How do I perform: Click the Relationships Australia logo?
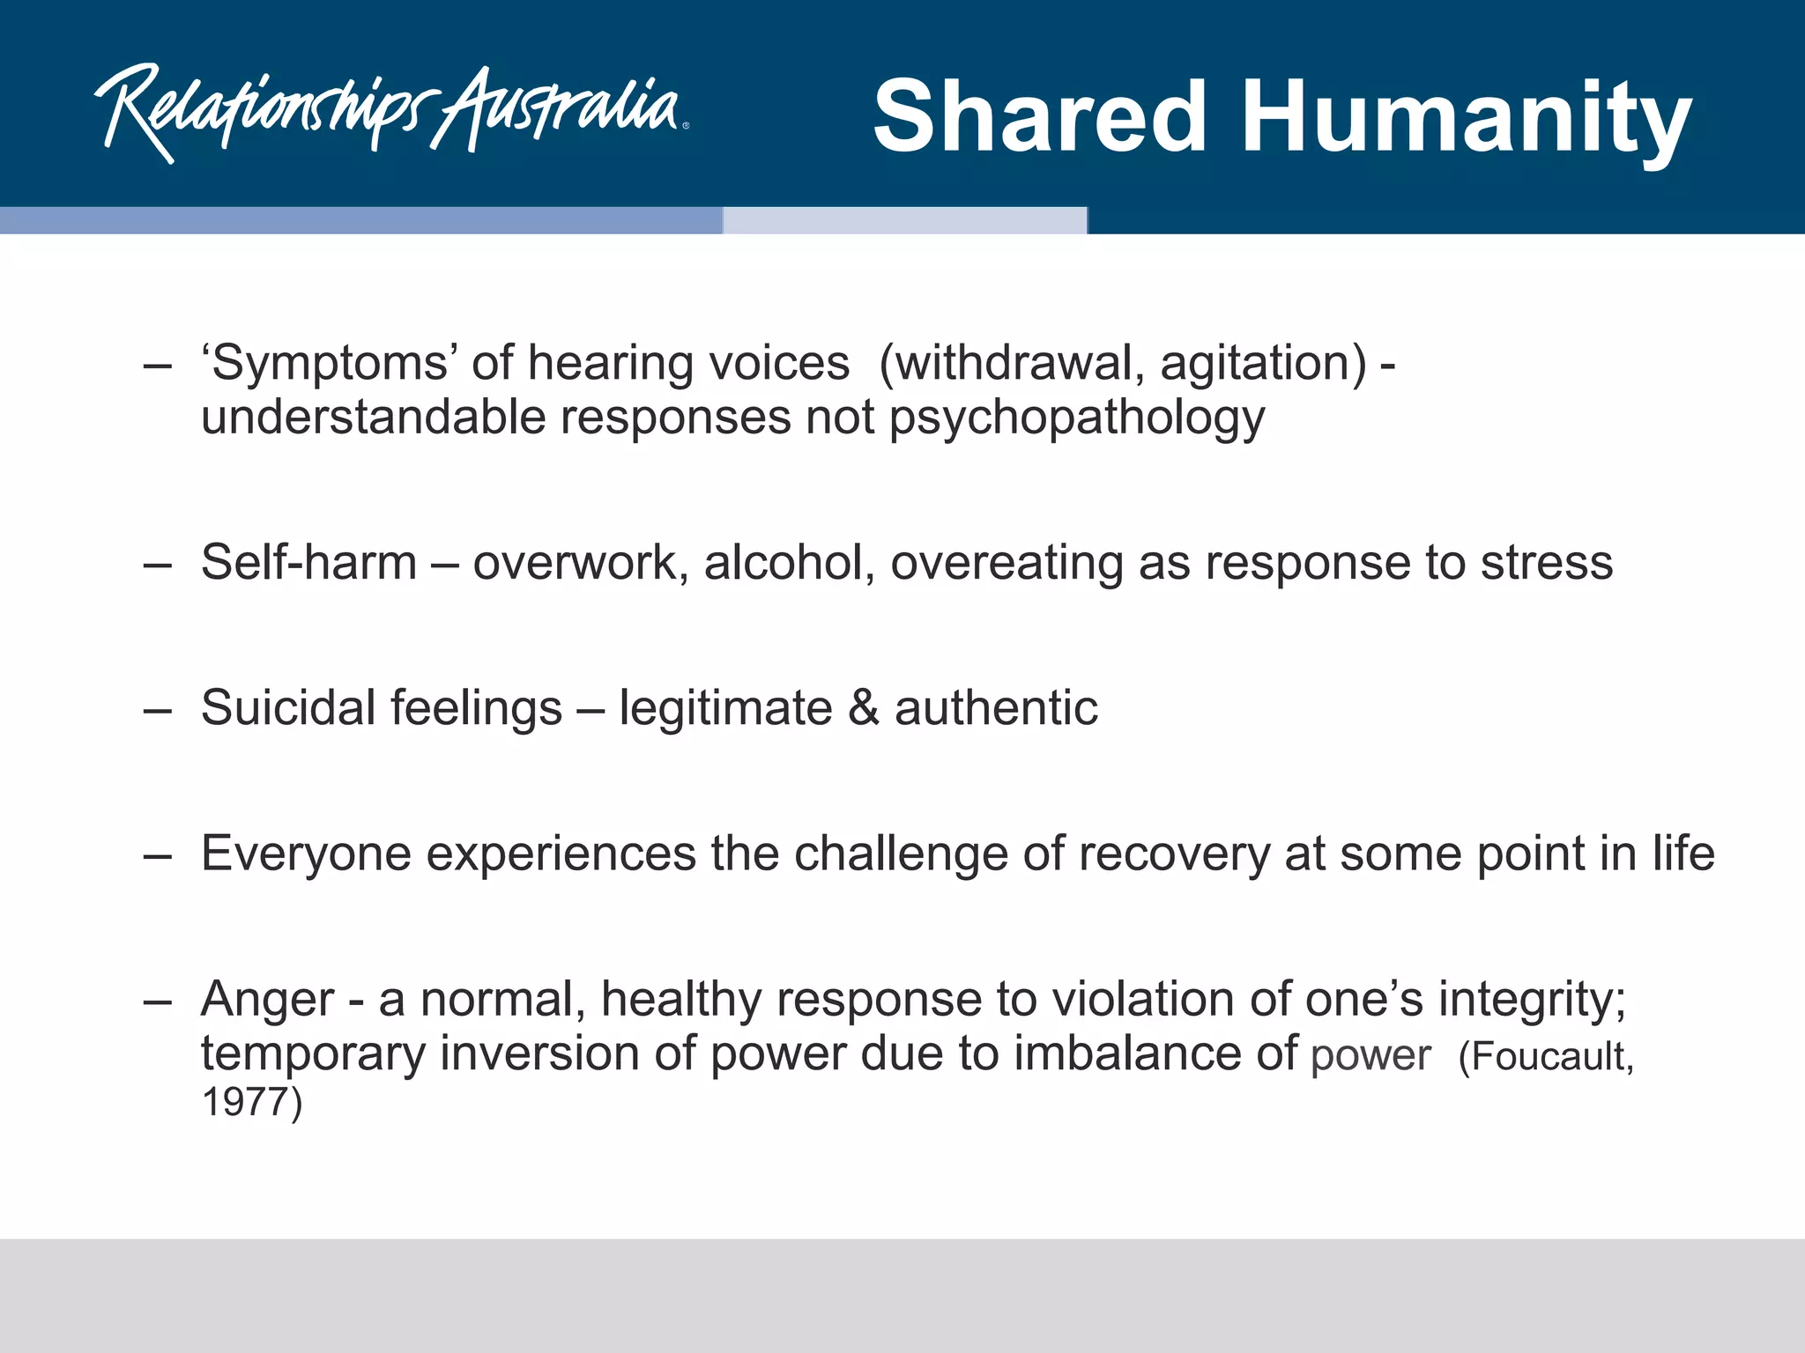(391, 113)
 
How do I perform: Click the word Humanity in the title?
(1467, 118)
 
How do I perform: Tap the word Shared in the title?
(1039, 116)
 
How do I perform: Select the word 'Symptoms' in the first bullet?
(327, 364)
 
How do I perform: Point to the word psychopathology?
(1076, 418)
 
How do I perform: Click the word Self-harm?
(308, 562)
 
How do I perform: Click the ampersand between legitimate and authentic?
(864, 708)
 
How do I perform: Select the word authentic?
(996, 707)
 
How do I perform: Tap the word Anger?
(268, 1000)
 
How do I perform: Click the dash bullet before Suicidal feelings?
(157, 708)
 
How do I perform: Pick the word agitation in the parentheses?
(1263, 364)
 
